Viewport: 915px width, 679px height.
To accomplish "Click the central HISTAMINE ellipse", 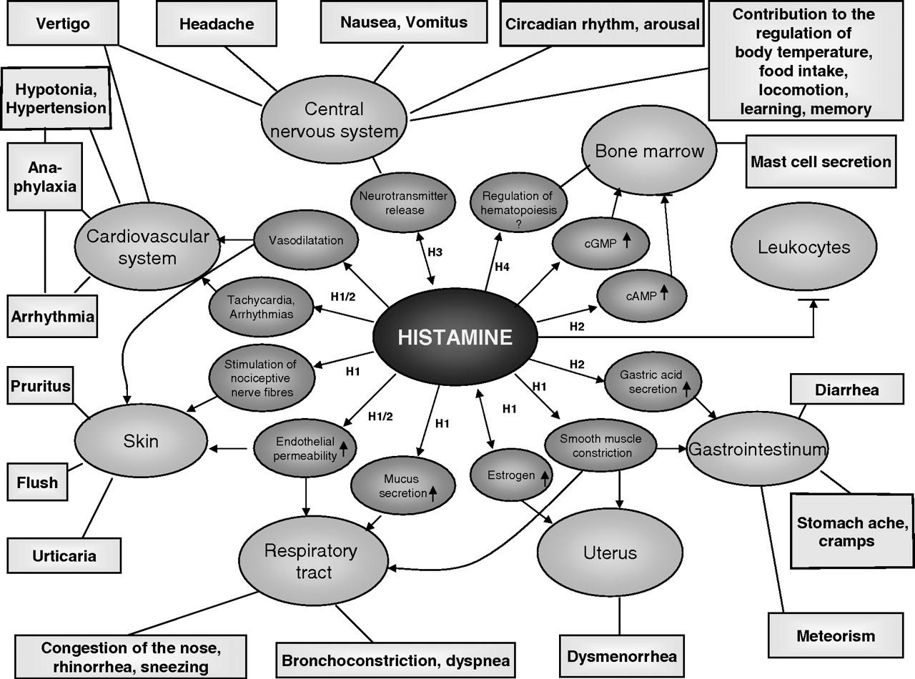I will tap(455, 337).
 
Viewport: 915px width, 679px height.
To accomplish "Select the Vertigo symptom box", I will tap(63, 24).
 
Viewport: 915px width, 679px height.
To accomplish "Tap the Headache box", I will tap(216, 24).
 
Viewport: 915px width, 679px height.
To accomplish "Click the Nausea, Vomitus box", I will tap(403, 22).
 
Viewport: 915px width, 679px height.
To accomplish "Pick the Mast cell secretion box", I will tap(821, 162).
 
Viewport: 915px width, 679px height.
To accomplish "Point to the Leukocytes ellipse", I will tap(804, 247).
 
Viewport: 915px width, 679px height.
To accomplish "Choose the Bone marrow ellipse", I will tap(649, 152).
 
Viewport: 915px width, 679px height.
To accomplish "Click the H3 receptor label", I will tap(435, 252).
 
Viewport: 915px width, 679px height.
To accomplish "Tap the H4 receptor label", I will tap(503, 267).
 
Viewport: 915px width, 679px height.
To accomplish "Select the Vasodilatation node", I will tap(306, 240).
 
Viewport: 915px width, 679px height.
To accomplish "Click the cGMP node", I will tap(600, 242).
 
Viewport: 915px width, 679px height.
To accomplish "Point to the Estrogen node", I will tap(510, 475).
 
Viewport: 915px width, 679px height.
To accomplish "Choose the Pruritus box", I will tap(40, 387).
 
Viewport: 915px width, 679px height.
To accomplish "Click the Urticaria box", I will tap(64, 555).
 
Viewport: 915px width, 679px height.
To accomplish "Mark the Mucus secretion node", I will tap(403, 485).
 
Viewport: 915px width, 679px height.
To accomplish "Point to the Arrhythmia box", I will tap(53, 314).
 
